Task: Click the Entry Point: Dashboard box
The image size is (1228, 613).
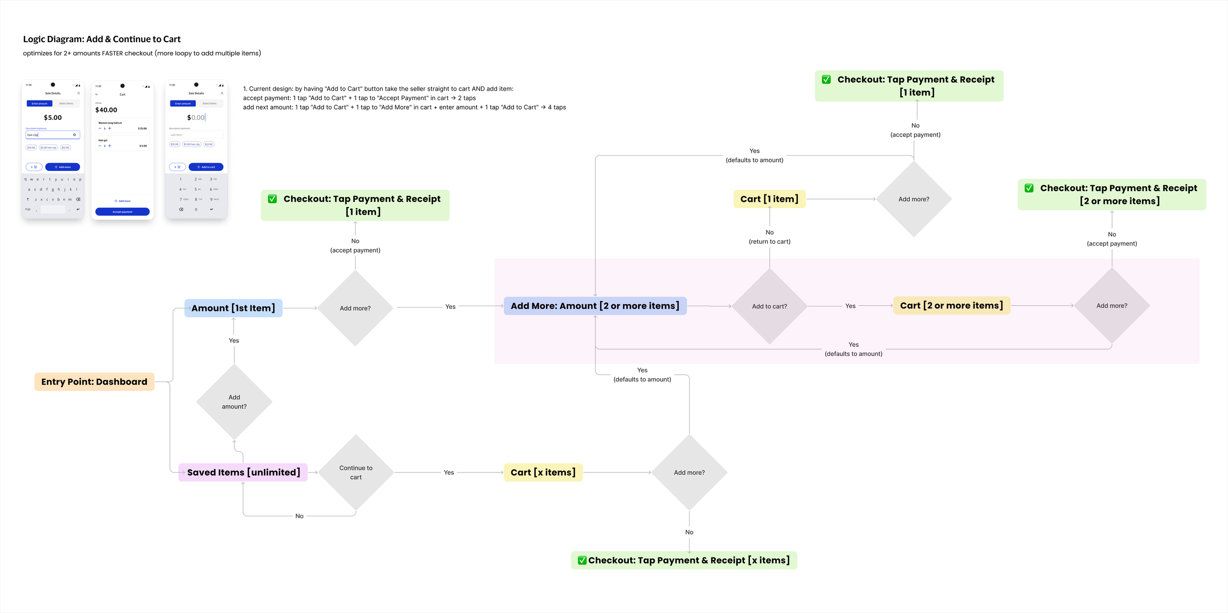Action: (x=94, y=382)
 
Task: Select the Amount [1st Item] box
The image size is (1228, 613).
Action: (x=233, y=308)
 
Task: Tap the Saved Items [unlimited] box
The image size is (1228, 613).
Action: (x=243, y=473)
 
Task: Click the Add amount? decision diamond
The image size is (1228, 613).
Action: (x=234, y=402)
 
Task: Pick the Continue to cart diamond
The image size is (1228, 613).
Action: (x=356, y=473)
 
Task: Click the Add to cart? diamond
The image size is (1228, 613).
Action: (x=769, y=306)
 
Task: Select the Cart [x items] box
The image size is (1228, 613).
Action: (x=543, y=473)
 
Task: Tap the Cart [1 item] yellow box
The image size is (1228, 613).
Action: (x=769, y=199)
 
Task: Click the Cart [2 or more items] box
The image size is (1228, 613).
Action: (x=951, y=306)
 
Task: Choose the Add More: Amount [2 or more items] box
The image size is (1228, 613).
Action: (x=595, y=306)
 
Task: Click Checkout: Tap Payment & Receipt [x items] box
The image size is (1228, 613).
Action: (x=684, y=560)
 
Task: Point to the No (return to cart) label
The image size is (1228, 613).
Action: (x=769, y=237)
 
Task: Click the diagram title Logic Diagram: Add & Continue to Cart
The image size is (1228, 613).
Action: (x=102, y=39)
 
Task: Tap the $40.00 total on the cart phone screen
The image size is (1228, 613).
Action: (x=106, y=110)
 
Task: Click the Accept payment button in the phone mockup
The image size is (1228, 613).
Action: (x=122, y=212)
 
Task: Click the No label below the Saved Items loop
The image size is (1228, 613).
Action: (x=299, y=516)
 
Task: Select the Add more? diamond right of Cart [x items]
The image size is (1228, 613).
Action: (x=689, y=473)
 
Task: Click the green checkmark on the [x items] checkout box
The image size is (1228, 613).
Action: (x=582, y=560)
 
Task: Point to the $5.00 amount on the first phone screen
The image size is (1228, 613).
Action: (x=53, y=117)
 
